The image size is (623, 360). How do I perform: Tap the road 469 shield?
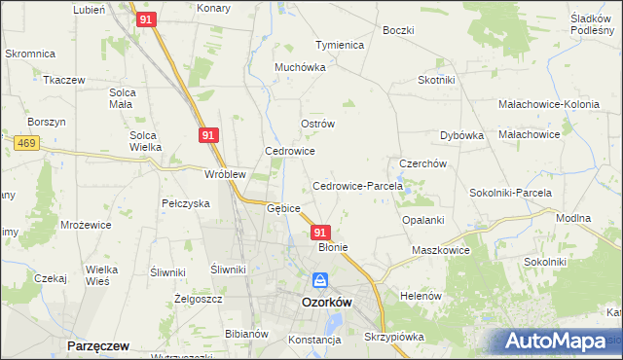pyautogui.click(x=26, y=143)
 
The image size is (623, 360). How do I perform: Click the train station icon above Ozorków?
pyautogui.click(x=320, y=281)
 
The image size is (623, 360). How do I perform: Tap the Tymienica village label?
pyautogui.click(x=339, y=45)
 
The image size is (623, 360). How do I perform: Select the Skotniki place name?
pyautogui.click(x=437, y=81)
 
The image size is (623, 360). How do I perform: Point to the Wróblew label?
pyautogui.click(x=225, y=174)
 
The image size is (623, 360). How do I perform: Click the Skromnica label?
pyautogui.click(x=30, y=54)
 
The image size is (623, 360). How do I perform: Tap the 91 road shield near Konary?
pyautogui.click(x=147, y=19)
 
